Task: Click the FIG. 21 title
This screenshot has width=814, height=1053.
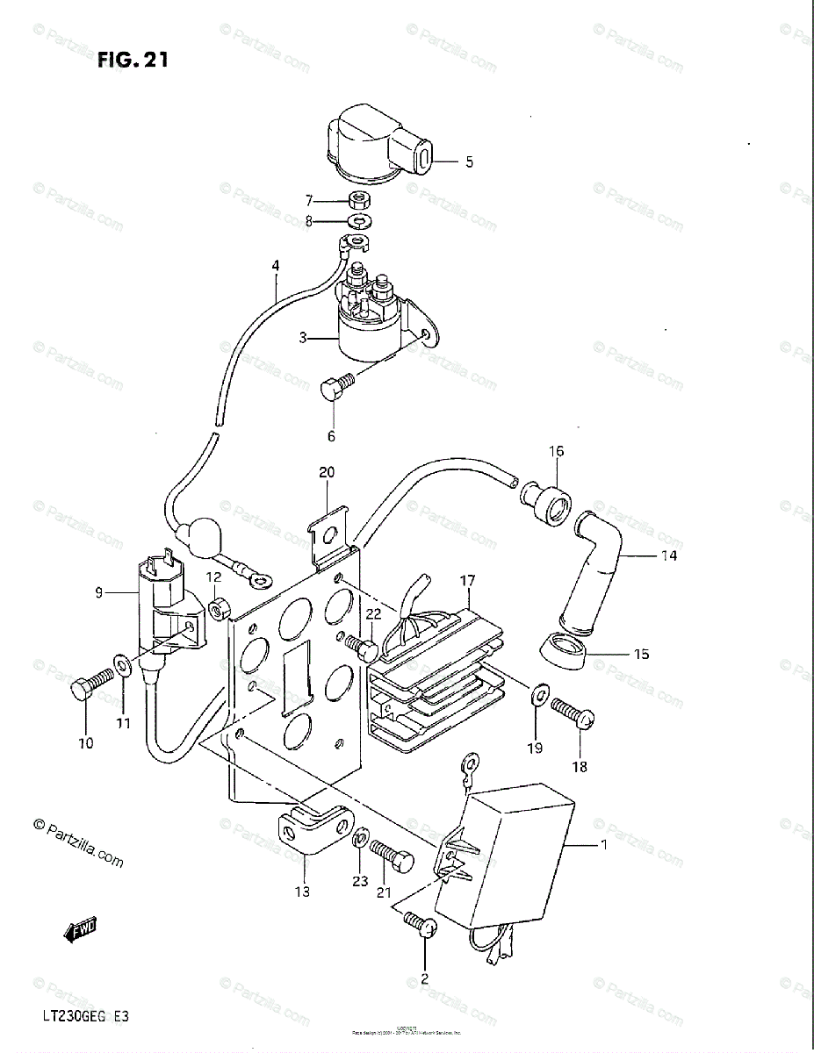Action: pyautogui.click(x=133, y=60)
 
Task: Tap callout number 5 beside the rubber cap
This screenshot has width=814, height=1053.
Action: pyautogui.click(x=469, y=162)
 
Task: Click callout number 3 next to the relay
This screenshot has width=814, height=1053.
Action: pyautogui.click(x=302, y=337)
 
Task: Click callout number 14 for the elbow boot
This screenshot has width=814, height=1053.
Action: pyautogui.click(x=670, y=555)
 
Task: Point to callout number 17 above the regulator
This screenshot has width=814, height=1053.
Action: pyautogui.click(x=466, y=580)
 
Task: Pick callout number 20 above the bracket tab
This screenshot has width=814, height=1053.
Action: pyautogui.click(x=327, y=472)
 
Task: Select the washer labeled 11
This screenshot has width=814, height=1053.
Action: pyautogui.click(x=123, y=664)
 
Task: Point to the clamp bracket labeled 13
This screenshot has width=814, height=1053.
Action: pyautogui.click(x=301, y=829)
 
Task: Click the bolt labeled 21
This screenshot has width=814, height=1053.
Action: pyautogui.click(x=392, y=852)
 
